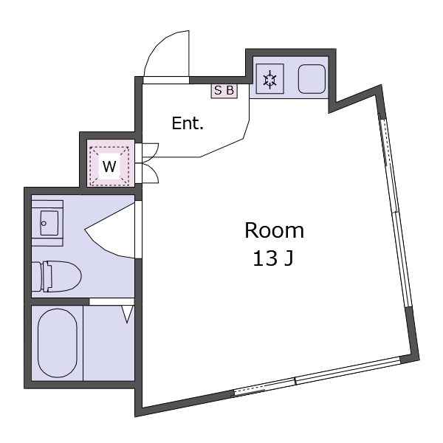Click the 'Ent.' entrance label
pos(188,123)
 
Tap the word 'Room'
pos(274,230)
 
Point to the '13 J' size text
pos(273,258)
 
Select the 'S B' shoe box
pos(224,91)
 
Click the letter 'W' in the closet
pos(109,166)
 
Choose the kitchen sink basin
pos(312,79)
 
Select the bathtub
pos(58,343)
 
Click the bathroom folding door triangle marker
pos(127,315)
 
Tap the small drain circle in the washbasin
pos(44,223)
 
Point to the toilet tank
pos(36,277)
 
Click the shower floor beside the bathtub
pos(109,343)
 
